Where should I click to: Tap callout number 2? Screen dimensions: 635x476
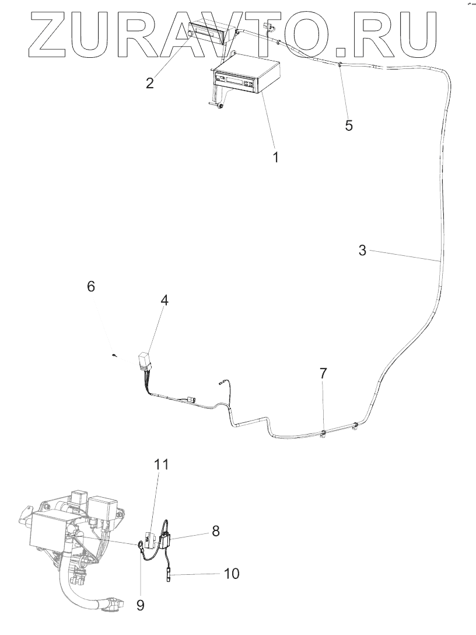tap(150, 82)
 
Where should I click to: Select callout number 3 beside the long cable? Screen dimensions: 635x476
tap(362, 251)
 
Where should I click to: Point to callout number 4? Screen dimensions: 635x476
tap(165, 300)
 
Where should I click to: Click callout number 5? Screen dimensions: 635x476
tap(348, 125)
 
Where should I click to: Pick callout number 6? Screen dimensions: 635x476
tap(90, 286)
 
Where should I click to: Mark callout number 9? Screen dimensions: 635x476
tap(140, 605)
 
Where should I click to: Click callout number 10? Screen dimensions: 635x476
tap(231, 574)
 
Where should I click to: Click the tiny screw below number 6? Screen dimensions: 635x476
tap(115, 355)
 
